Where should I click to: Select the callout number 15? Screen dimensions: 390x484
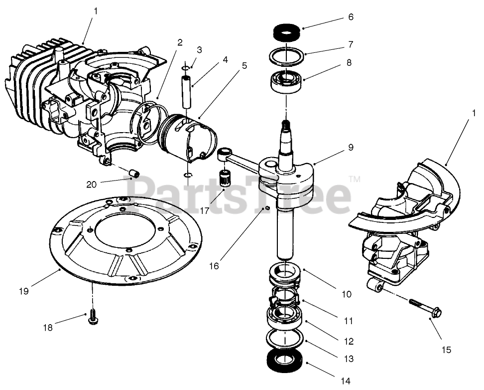446,350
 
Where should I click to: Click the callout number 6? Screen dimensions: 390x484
351,16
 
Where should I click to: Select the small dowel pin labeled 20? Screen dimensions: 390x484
133,174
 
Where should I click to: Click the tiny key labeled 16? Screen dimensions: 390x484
267,207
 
